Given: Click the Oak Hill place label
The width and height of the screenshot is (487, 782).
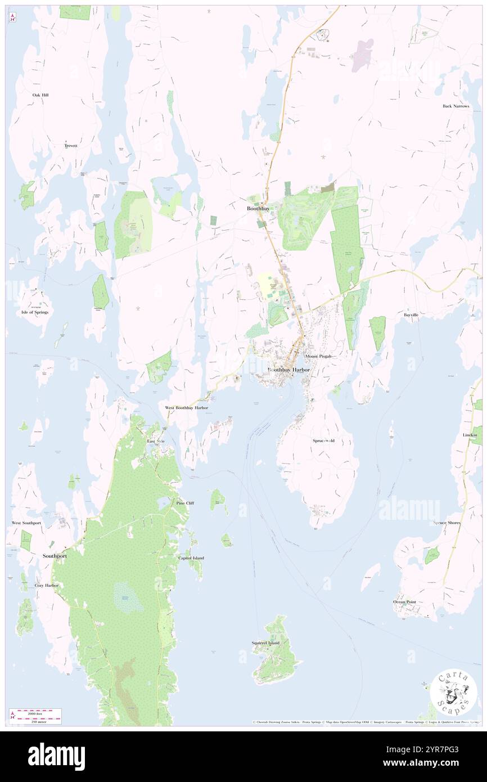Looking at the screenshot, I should coord(40,95).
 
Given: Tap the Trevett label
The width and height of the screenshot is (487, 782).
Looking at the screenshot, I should coord(70,146).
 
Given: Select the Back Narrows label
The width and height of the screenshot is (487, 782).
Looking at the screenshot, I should coord(455,106).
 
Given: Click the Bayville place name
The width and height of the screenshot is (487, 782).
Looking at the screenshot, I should coord(411,315).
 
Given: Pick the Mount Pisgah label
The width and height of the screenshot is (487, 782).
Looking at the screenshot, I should coord(318,356).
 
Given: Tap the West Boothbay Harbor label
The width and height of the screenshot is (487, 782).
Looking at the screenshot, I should coord(186,407).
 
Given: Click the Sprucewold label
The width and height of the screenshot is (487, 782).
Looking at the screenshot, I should coord(323,441).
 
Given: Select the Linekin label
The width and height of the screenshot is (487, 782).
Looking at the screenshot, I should coord(470,435).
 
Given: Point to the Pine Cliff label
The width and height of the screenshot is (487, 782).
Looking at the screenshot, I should coord(185,503).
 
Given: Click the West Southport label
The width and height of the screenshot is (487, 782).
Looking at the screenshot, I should coord(26,523).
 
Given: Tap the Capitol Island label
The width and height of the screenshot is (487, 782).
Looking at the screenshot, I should coord(191,558).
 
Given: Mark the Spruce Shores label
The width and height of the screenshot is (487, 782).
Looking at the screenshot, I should coord(447,523).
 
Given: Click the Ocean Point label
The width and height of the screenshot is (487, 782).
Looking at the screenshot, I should coord(404,602).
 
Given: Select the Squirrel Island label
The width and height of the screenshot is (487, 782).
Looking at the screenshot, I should coord(265,642).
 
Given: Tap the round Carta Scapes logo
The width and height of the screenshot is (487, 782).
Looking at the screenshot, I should coord(453,693).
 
